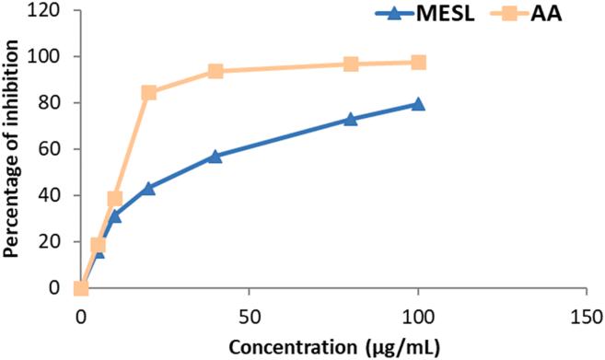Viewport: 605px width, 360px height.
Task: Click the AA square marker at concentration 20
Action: point(148,93)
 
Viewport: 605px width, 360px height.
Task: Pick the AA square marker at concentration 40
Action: point(215,72)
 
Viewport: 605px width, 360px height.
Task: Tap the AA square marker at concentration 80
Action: point(351,64)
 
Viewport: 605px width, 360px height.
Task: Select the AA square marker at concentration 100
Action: point(418,63)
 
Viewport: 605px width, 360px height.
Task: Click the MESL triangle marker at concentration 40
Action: point(215,157)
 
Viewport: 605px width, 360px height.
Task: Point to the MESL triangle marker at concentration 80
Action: point(351,120)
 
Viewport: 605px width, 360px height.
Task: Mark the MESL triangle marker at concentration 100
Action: point(418,104)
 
